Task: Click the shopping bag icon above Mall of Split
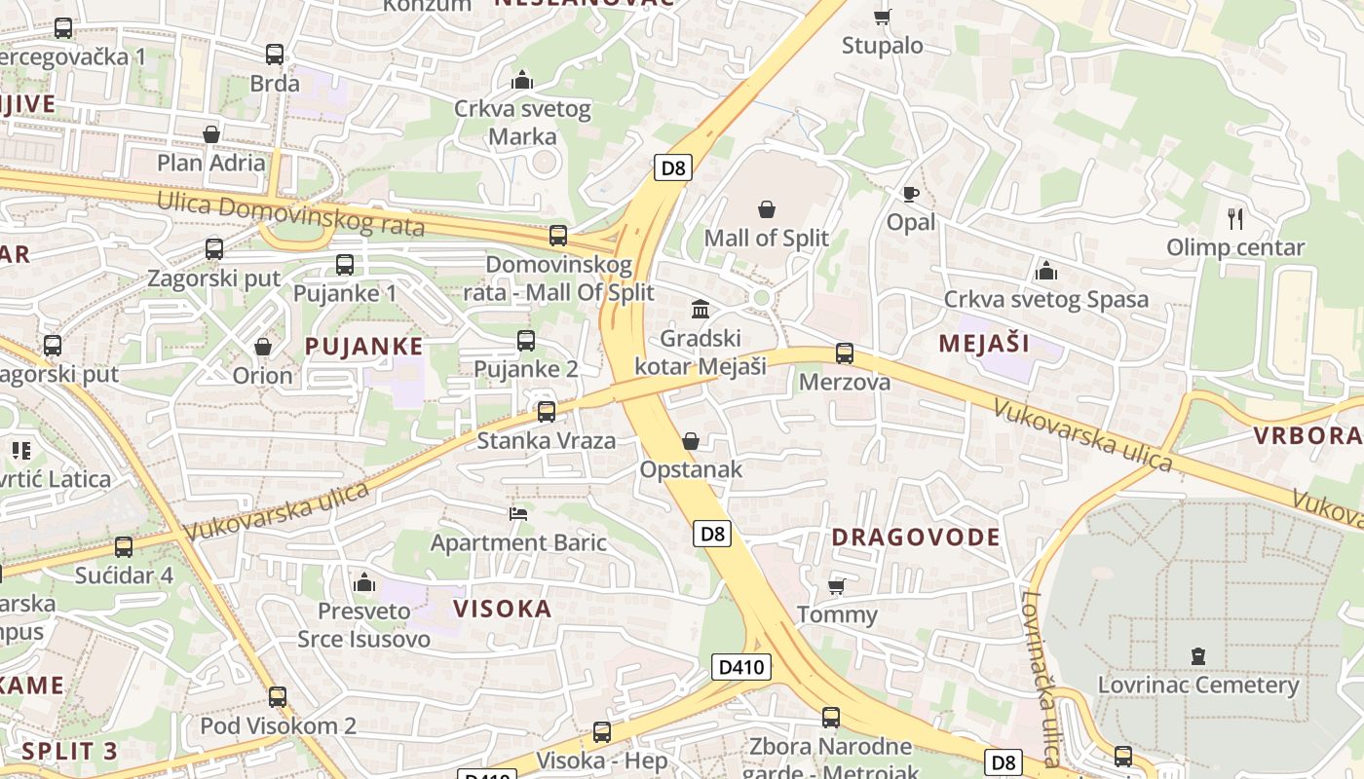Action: pos(767,209)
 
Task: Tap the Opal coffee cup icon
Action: pos(910,195)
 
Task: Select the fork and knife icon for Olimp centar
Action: pos(1235,219)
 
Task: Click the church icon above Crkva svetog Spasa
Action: pos(1046,271)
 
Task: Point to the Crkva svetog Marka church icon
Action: pos(522,80)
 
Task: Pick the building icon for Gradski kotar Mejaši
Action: pos(700,310)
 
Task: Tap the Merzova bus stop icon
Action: pos(845,353)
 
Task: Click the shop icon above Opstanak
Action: pos(691,441)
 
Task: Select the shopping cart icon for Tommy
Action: pos(836,586)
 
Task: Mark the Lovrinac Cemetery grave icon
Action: pos(1198,656)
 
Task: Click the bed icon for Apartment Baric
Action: pos(518,513)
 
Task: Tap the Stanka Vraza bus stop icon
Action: pos(547,412)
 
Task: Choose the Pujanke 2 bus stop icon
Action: pos(526,340)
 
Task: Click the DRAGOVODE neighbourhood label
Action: pos(915,538)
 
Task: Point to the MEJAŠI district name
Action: pos(984,343)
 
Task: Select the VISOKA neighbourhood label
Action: pos(503,610)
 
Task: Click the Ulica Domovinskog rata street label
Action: pos(291,215)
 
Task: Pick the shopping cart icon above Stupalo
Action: pos(882,17)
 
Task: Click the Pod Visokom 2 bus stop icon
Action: pos(278,697)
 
